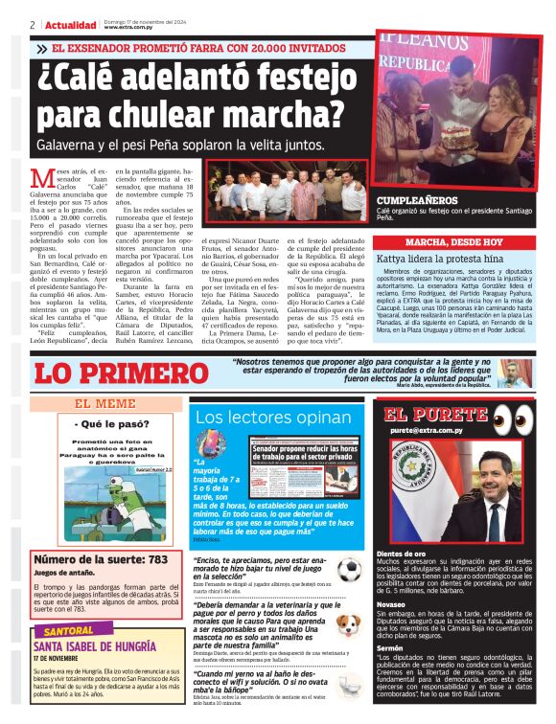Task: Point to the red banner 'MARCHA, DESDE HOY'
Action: click(453, 242)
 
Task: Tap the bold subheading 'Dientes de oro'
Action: click(403, 554)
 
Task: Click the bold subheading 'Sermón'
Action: click(390, 648)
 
